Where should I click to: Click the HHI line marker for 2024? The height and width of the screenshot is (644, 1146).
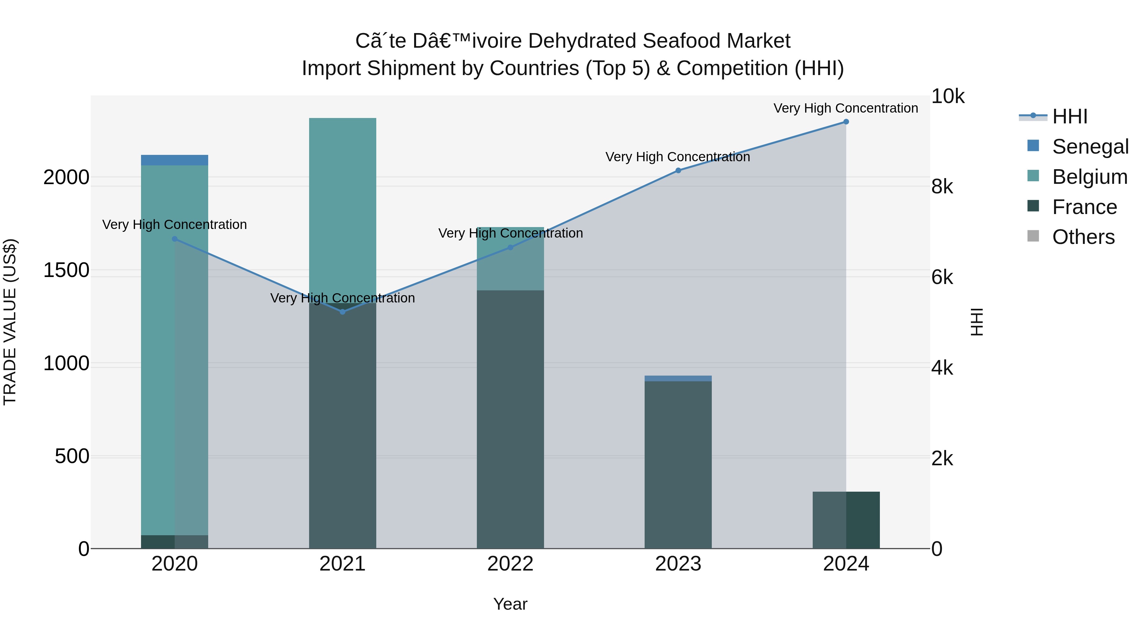(x=846, y=122)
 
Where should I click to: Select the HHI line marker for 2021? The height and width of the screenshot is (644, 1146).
(x=342, y=312)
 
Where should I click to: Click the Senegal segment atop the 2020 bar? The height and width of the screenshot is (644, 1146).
(x=174, y=160)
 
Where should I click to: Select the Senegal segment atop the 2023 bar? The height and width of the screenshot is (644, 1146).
(x=678, y=378)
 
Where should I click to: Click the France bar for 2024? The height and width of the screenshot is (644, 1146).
(x=846, y=520)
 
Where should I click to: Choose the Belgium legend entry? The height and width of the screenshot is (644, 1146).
(x=1090, y=177)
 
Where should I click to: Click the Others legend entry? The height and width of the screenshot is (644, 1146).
(x=1083, y=237)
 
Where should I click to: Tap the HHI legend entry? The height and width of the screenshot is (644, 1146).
(x=1070, y=116)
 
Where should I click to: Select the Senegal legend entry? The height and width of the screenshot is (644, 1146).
(x=1090, y=147)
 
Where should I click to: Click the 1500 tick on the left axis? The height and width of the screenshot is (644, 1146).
(x=66, y=270)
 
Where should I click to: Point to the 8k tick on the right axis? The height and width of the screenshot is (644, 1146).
(x=942, y=187)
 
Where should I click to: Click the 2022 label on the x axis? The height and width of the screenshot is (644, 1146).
(x=510, y=564)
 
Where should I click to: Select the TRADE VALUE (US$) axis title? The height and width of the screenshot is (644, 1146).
(x=10, y=322)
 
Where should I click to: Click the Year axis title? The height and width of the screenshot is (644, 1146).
(x=510, y=604)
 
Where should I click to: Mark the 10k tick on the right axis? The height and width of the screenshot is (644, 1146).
(x=948, y=96)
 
